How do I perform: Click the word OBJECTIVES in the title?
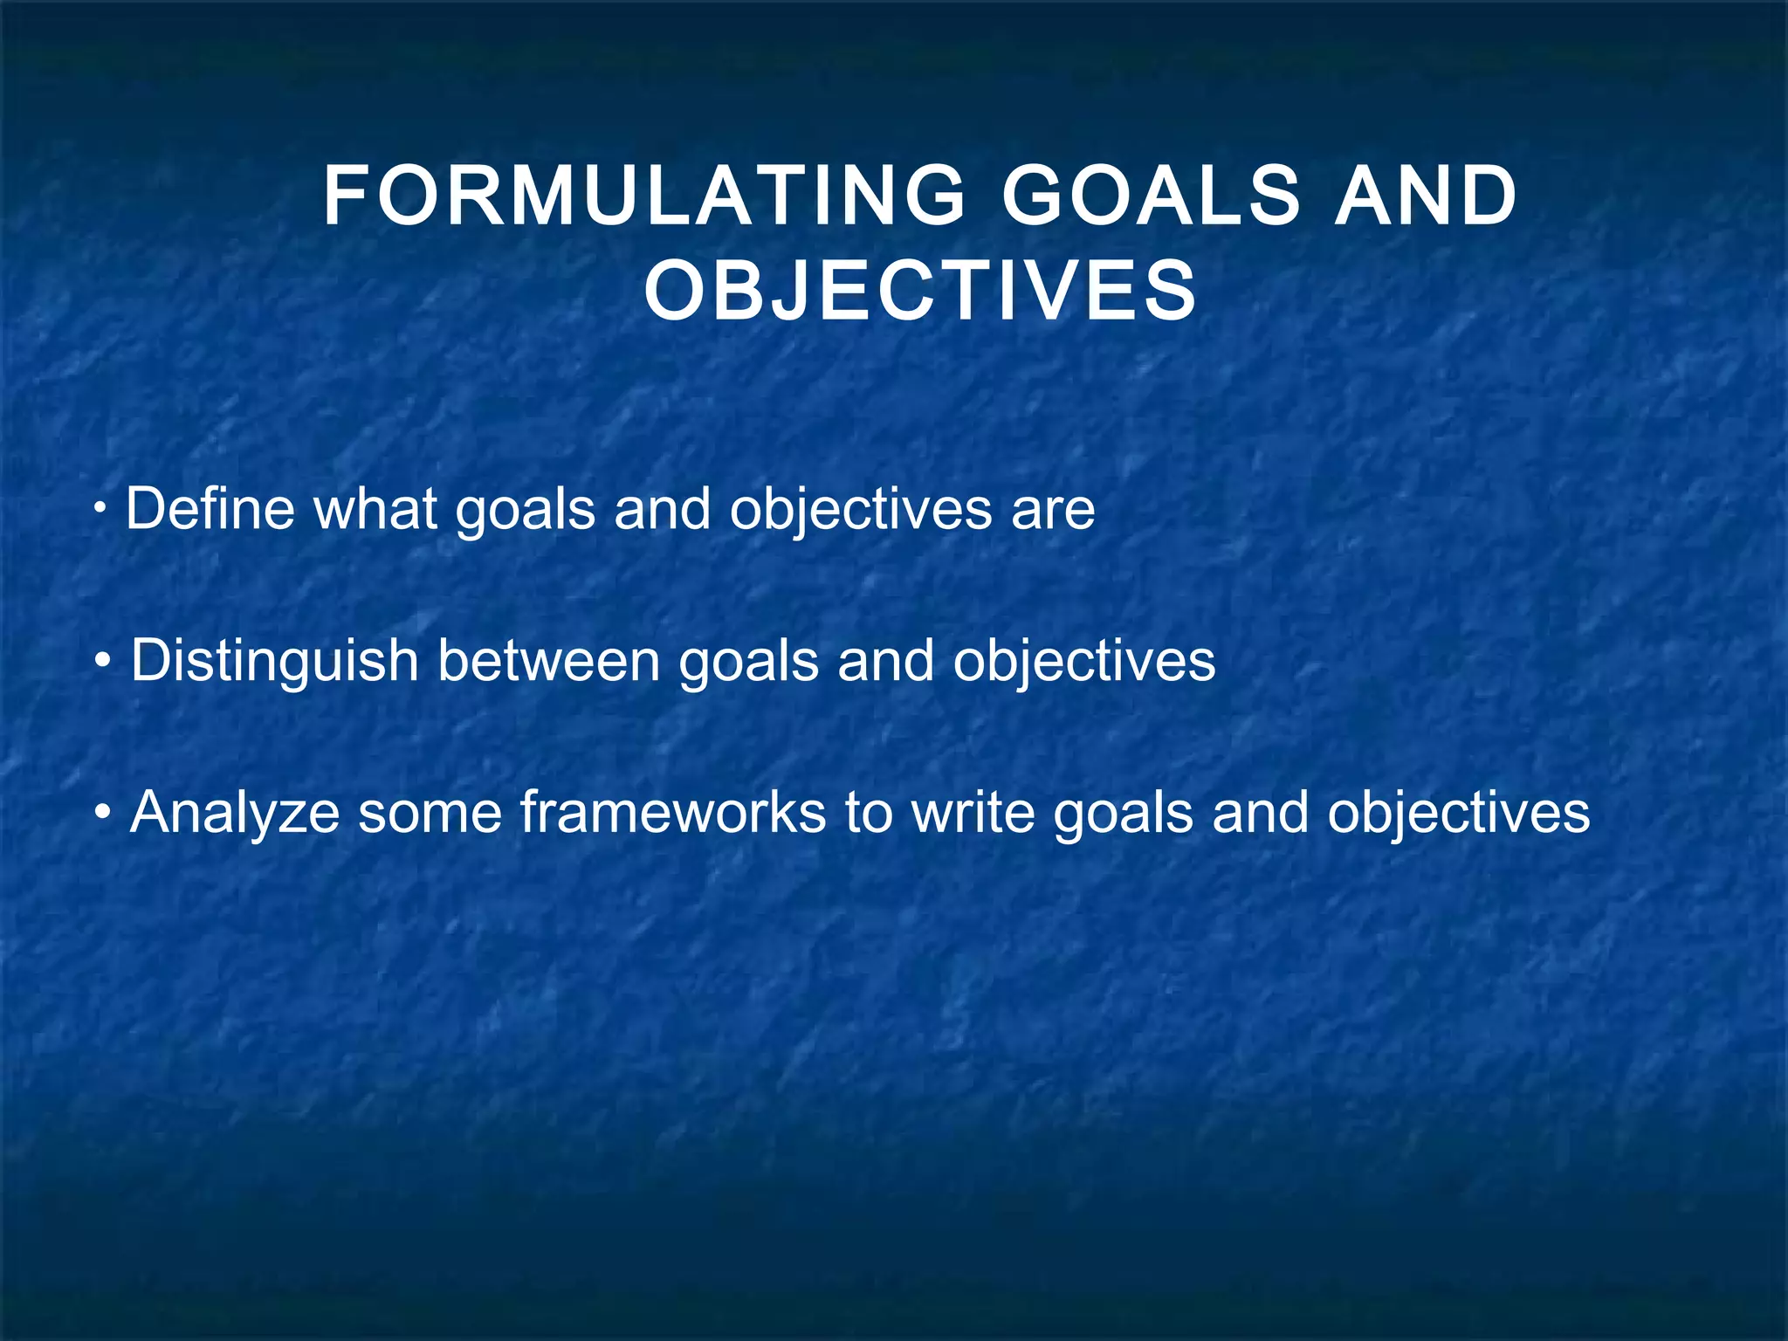click(921, 292)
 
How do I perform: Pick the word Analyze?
click(234, 813)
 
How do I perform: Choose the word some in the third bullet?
click(430, 813)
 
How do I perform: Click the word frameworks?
click(672, 813)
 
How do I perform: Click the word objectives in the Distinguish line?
click(1083, 661)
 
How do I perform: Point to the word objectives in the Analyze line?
click(1458, 813)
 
